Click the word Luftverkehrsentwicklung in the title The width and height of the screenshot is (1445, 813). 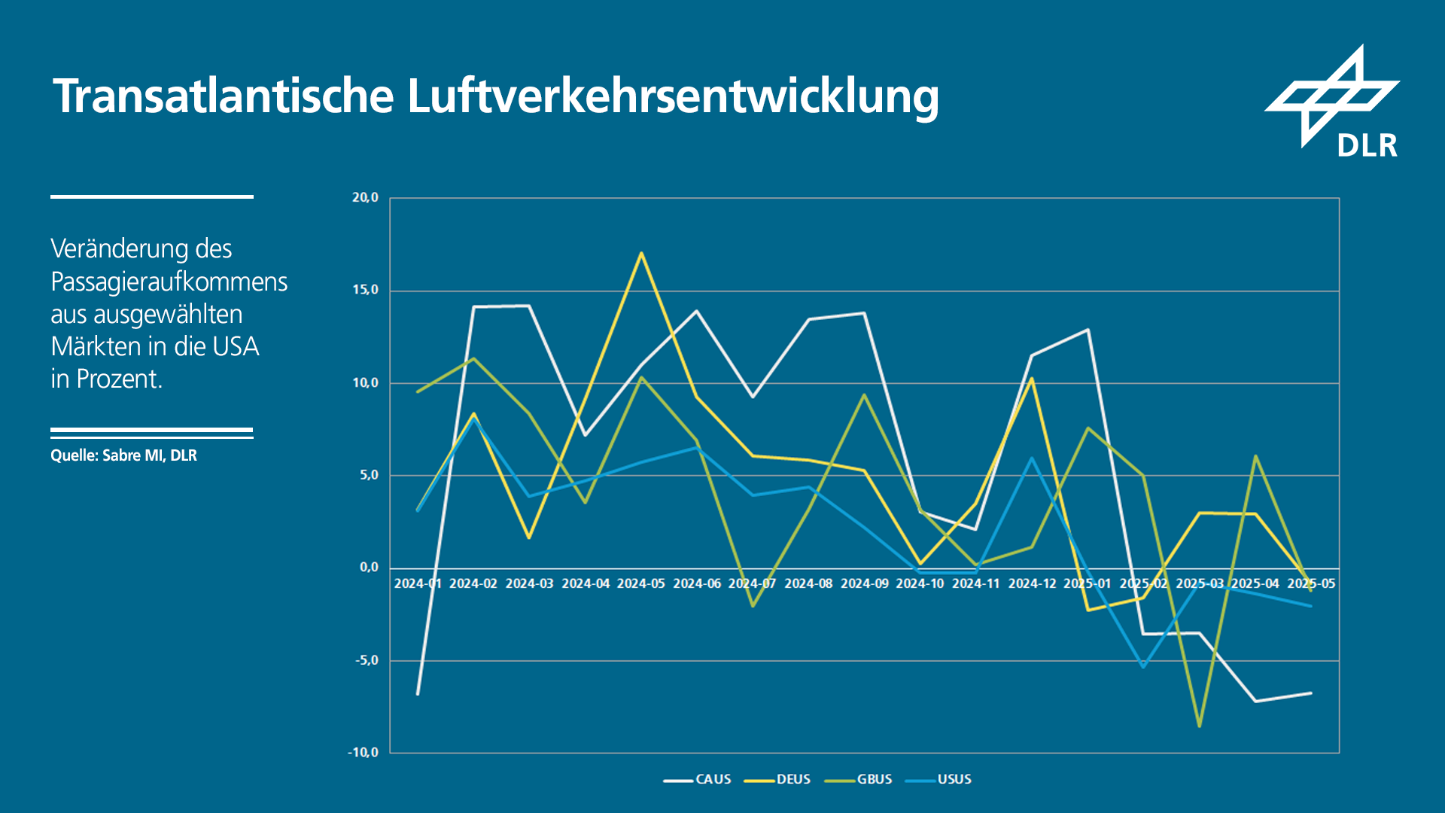[x=673, y=96]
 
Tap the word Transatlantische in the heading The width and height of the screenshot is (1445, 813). [x=224, y=96]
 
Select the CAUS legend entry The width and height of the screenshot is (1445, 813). [x=712, y=779]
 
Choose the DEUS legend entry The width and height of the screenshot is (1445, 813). [x=792, y=779]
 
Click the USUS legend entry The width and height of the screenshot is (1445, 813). [x=954, y=779]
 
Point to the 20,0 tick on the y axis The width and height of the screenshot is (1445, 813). [x=365, y=198]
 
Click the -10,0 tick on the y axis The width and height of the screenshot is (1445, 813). [x=363, y=752]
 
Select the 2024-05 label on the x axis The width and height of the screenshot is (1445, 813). [x=641, y=583]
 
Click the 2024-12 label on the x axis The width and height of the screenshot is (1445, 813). [x=1032, y=583]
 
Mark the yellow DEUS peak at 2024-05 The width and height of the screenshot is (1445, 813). [x=641, y=254]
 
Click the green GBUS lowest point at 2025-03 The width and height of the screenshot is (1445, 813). [x=1199, y=726]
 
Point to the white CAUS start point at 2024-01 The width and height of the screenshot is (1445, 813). [x=418, y=693]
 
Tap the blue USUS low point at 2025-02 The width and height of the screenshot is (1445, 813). [x=1143, y=666]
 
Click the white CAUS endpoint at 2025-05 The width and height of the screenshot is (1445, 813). [x=1311, y=693]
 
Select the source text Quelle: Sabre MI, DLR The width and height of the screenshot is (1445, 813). [x=123, y=455]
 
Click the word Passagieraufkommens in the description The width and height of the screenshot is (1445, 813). [x=169, y=282]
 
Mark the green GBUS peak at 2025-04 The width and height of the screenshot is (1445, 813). [x=1255, y=456]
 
